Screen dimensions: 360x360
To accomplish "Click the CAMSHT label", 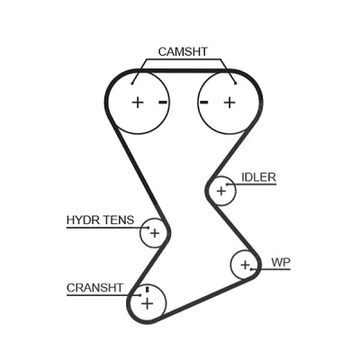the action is pos(183,51).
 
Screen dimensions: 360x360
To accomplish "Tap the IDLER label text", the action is pos(258,177).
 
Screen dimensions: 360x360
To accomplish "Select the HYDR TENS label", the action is pos(100,220).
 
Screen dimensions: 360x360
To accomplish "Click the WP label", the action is pos(281,263).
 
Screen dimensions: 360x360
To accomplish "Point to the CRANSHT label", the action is pos(94,288).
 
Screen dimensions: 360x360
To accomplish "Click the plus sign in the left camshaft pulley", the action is pos(138,103).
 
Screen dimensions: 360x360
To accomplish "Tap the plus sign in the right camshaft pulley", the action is pos(229,103).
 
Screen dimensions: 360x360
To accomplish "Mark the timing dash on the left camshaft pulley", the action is pos(163,103).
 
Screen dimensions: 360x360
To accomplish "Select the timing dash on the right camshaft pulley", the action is pos(204,103).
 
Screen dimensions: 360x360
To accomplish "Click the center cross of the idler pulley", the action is pos(221,191).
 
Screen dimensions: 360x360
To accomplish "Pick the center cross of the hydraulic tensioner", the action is pos(155,233).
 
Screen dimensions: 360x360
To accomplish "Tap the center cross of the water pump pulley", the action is pos(245,265).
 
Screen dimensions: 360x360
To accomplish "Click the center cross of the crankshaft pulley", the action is pos(148,303).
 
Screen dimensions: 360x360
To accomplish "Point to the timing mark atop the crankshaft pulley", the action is pos(147,290).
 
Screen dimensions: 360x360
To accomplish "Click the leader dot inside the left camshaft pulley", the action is pos(132,84).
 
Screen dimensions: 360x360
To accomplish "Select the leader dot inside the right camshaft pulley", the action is pos(236,84).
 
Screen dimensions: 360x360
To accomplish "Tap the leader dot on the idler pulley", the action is pos(228,184).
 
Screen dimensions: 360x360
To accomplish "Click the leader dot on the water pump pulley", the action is pos(252,269).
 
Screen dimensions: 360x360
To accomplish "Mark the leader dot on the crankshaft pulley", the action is pos(140,295).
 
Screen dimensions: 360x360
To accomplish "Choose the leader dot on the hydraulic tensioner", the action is pos(148,228).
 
